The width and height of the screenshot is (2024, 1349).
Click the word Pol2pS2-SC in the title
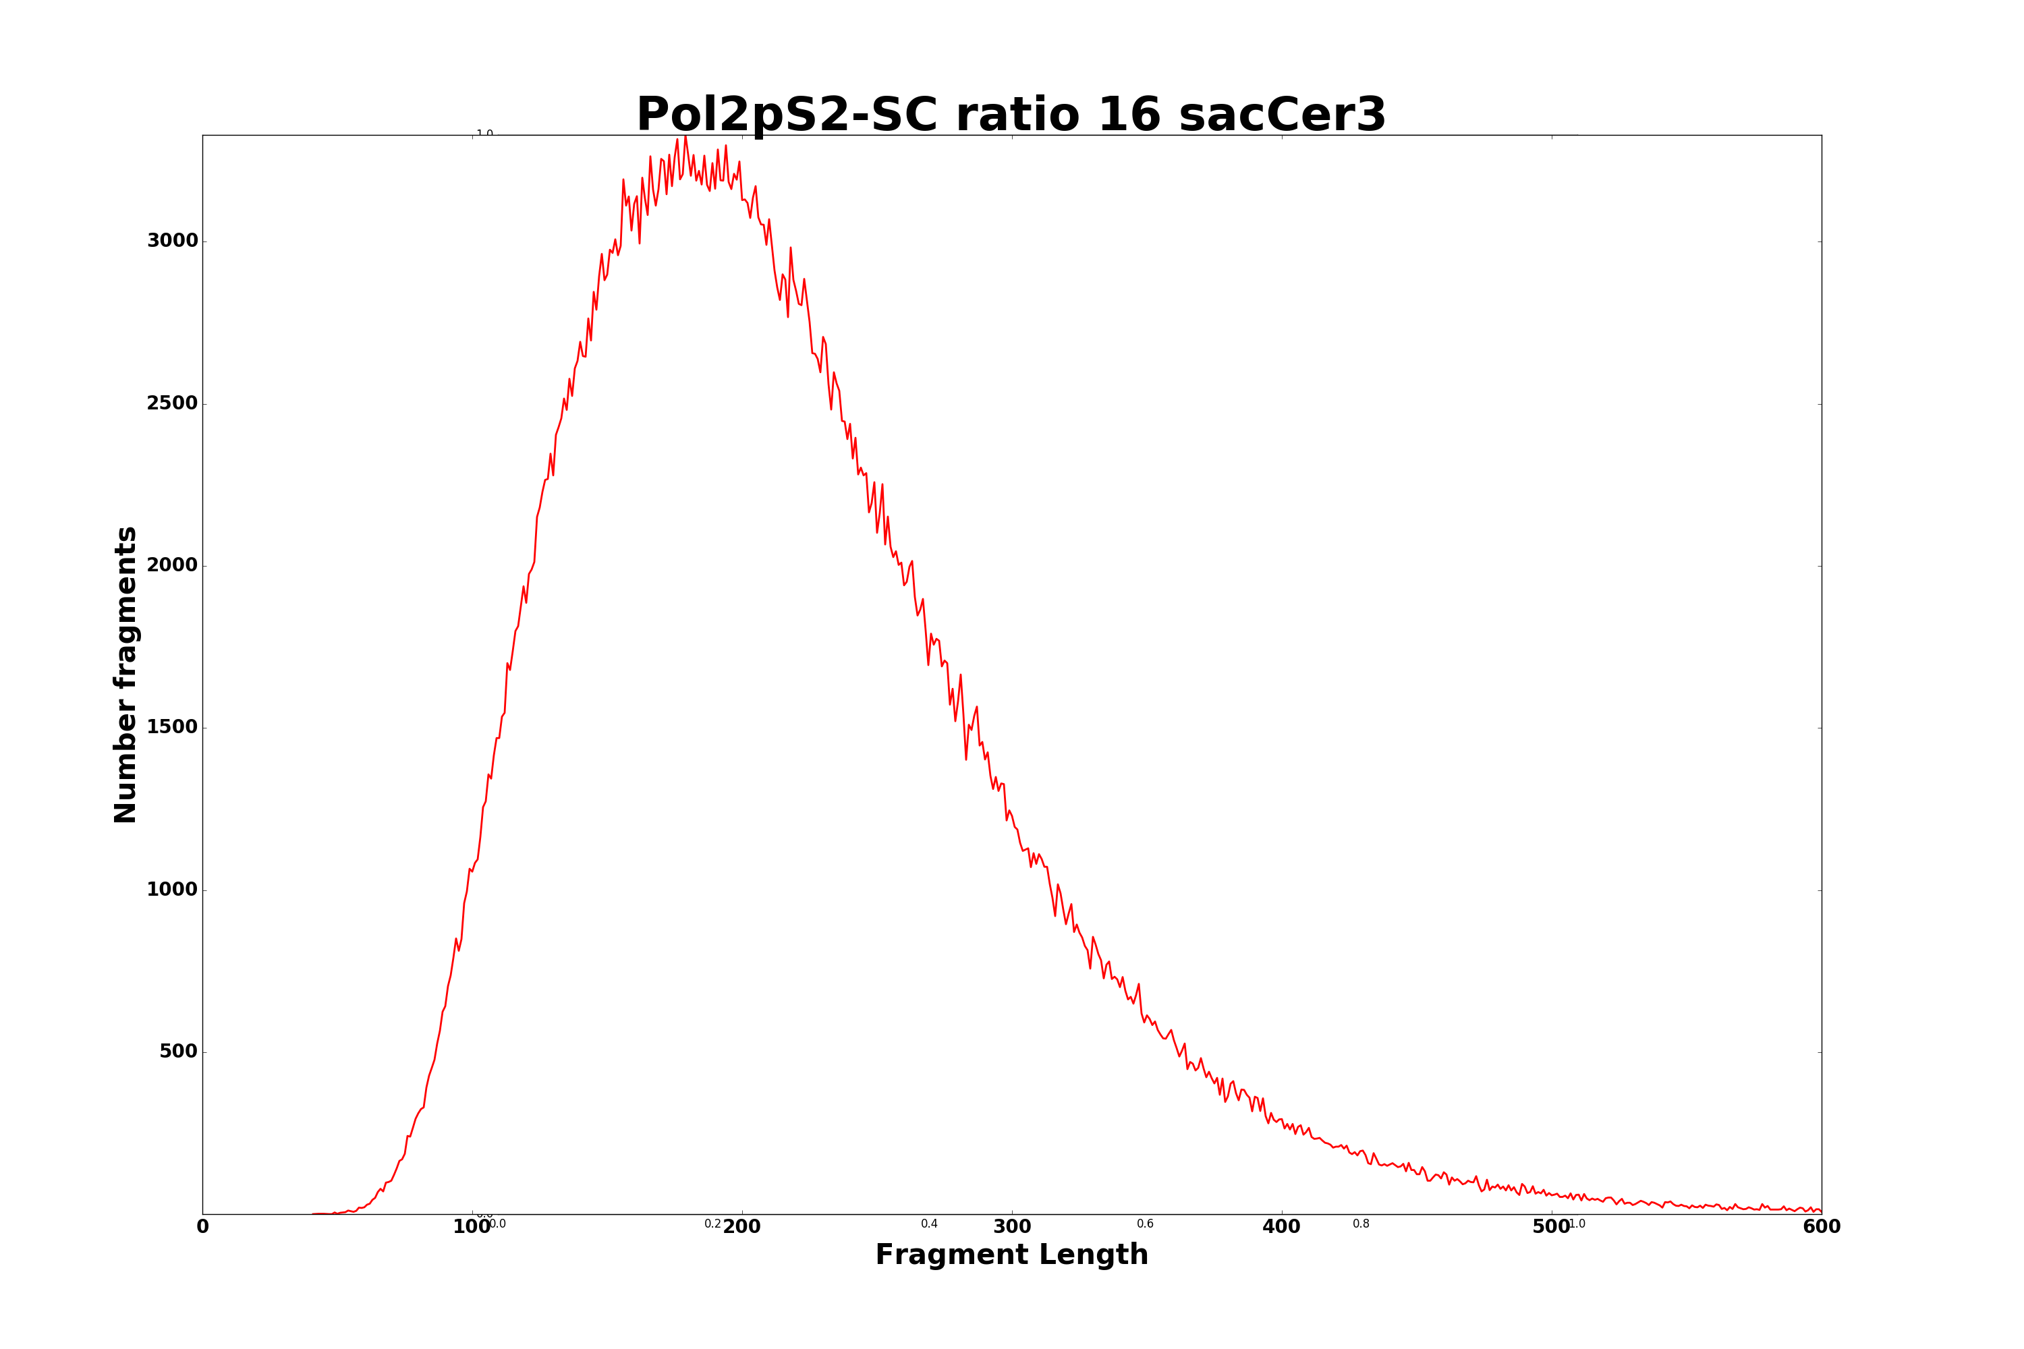click(787, 115)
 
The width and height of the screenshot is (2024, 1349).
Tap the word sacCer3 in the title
click(1283, 115)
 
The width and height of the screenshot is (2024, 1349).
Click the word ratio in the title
click(1017, 115)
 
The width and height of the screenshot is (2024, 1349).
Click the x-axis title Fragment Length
click(1011, 1255)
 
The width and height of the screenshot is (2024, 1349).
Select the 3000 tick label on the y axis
click(172, 241)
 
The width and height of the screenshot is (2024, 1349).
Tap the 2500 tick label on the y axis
click(172, 403)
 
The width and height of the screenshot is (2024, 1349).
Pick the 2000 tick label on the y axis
click(172, 565)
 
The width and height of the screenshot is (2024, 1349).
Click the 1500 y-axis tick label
click(172, 727)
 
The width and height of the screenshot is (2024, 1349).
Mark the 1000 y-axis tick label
click(172, 890)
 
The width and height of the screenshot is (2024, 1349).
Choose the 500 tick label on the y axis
click(178, 1052)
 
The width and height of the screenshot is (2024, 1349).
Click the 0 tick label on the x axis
click(203, 1228)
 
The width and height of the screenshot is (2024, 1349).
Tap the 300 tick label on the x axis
click(1012, 1228)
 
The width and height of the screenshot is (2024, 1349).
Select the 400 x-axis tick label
click(1281, 1228)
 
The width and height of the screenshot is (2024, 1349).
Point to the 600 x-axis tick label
click(1821, 1228)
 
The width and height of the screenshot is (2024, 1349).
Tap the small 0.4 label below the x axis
click(930, 1224)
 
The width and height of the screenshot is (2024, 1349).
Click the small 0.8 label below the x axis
click(1361, 1224)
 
